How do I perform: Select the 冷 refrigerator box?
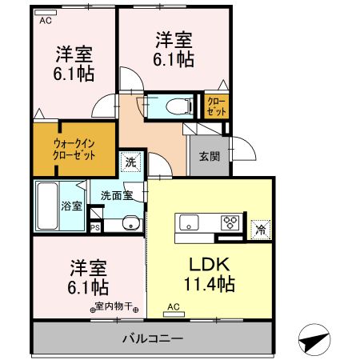pos(261,227)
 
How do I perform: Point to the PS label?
pos(96,227)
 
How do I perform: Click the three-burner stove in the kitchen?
pos(230,222)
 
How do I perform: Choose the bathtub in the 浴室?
pos(46,206)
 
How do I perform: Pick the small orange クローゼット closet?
pos(217,106)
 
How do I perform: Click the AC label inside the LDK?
pos(174,306)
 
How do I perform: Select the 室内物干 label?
pos(116,306)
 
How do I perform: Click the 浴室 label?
pos(72,206)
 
